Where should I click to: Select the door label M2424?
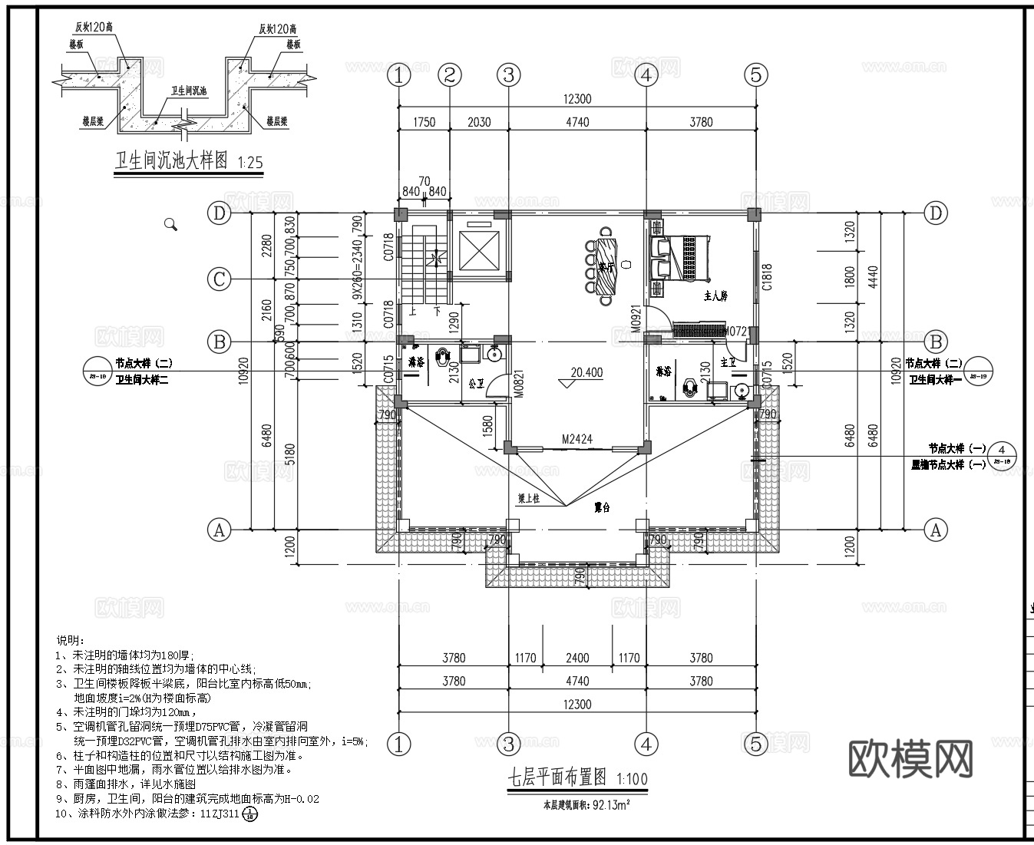(x=576, y=440)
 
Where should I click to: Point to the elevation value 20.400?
(x=586, y=373)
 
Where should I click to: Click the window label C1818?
(x=766, y=277)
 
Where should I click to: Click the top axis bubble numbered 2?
(x=450, y=75)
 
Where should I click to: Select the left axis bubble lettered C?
(x=220, y=279)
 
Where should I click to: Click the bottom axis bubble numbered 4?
(x=646, y=743)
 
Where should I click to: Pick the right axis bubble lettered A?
(x=935, y=530)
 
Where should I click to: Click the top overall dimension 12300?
(x=577, y=99)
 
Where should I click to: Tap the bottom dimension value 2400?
(x=577, y=658)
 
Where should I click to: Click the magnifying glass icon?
(x=170, y=224)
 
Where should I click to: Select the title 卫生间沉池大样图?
(x=171, y=161)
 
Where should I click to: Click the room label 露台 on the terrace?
(x=603, y=507)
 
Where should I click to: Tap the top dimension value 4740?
(x=577, y=122)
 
